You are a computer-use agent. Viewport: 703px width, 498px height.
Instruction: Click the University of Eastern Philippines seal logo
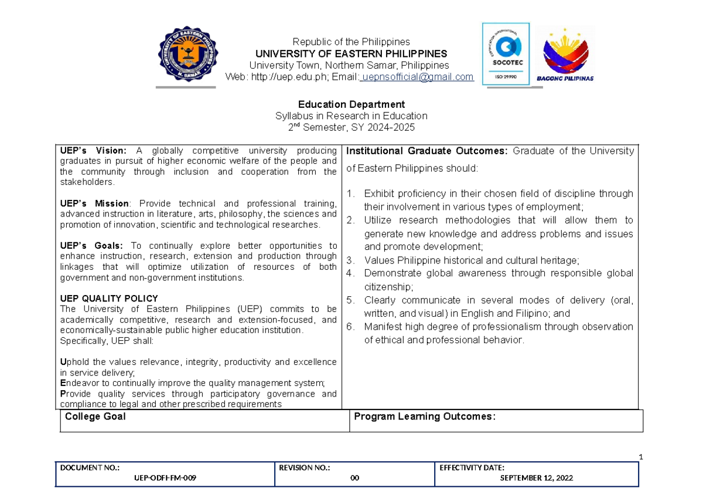(x=189, y=55)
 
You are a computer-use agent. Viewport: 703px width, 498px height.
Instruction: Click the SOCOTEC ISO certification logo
(x=506, y=53)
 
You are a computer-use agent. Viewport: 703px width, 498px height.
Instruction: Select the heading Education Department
(x=351, y=104)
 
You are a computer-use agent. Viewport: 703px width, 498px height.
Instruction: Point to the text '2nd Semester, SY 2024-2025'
(x=351, y=127)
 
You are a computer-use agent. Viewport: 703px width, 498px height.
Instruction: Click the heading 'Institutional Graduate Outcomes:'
(x=428, y=151)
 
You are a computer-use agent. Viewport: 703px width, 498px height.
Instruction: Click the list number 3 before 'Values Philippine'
(x=350, y=260)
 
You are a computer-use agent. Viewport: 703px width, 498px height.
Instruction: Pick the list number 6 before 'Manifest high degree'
(x=350, y=327)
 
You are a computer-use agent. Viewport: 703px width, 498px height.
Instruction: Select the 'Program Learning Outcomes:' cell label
(x=425, y=416)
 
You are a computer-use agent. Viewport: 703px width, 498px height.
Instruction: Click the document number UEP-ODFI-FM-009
(x=165, y=478)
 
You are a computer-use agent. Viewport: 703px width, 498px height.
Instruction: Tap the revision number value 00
(x=354, y=478)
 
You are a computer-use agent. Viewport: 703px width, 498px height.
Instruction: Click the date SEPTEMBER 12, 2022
(x=536, y=478)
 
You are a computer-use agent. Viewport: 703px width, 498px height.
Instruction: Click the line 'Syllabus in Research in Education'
(x=351, y=116)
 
